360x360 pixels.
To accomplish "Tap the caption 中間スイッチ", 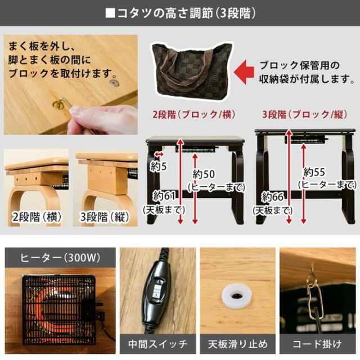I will [x=158, y=343].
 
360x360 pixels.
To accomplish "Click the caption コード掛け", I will [x=318, y=343].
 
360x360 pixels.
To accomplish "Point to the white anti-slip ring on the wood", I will [x=236, y=296].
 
